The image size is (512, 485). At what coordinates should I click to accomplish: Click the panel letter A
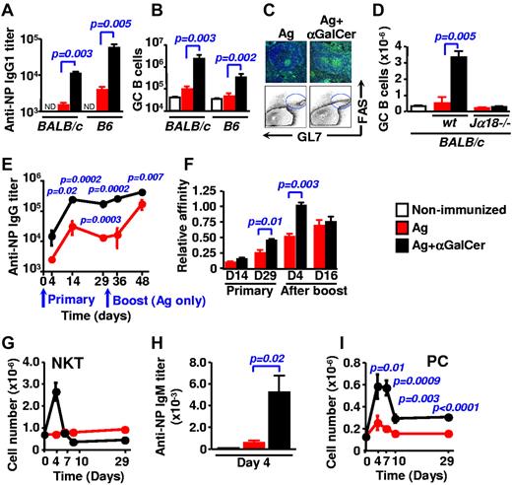point(8,9)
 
